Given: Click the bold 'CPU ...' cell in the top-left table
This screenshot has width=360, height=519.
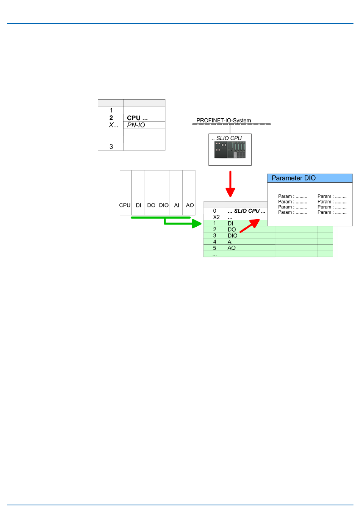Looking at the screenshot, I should (137, 118).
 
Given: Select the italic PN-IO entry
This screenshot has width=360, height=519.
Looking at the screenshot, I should (136, 125).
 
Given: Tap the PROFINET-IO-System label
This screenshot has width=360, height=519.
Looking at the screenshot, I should (224, 120).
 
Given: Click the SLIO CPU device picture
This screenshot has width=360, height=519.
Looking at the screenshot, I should (230, 150).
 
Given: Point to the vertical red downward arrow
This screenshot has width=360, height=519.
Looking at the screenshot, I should (230, 184).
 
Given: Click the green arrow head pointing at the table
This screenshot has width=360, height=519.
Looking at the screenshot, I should (196, 223).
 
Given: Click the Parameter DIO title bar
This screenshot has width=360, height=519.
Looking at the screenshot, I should (310, 178).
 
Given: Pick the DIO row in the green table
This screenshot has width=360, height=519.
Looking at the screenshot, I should (232, 236).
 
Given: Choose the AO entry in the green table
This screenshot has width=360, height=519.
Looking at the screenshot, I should (232, 248).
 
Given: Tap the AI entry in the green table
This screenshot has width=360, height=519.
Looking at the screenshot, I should (230, 242).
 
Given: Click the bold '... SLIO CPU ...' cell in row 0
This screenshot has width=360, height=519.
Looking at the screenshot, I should (246, 211).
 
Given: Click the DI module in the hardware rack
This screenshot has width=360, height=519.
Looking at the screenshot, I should (138, 205).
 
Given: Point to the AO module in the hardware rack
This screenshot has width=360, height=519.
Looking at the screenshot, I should (189, 205).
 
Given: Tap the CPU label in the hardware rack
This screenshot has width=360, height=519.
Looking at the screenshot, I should (125, 205).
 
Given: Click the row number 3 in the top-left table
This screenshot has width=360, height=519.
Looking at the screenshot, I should (111, 147).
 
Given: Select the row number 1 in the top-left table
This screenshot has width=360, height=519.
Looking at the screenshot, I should (111, 110).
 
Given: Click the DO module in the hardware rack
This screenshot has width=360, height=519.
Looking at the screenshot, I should (151, 205).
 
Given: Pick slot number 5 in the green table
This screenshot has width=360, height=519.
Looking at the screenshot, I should (214, 248).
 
